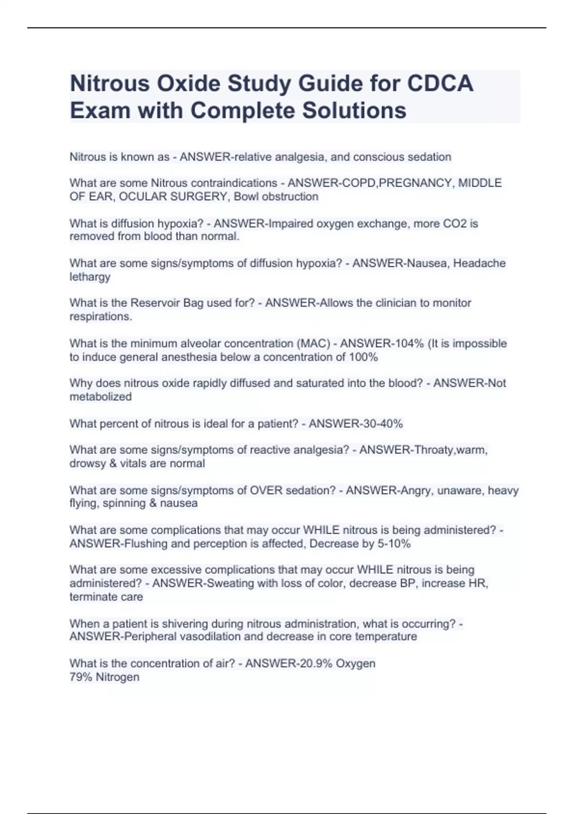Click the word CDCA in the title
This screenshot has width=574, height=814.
point(440,84)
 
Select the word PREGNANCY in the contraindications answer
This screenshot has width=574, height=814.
point(416,183)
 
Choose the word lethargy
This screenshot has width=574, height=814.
point(90,277)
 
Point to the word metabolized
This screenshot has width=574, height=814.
point(100,396)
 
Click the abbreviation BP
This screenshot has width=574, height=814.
point(408,583)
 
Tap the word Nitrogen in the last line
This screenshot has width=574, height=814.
point(117,677)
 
